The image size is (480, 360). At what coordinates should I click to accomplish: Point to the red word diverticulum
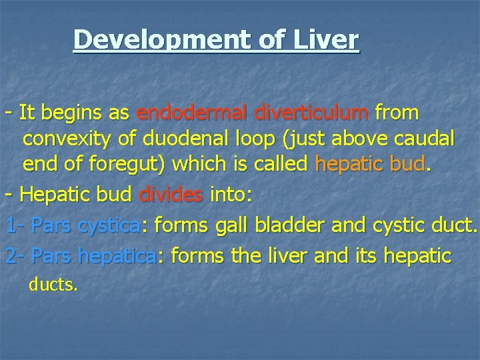pyautogui.click(x=311, y=113)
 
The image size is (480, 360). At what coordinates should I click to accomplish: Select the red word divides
pyautogui.click(x=171, y=195)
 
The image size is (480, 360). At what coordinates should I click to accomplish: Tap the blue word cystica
pyautogui.click(x=109, y=226)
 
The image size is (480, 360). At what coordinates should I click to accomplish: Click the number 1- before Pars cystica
pyautogui.click(x=15, y=226)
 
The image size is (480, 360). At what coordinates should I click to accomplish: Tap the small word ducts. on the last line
pyautogui.click(x=53, y=285)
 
